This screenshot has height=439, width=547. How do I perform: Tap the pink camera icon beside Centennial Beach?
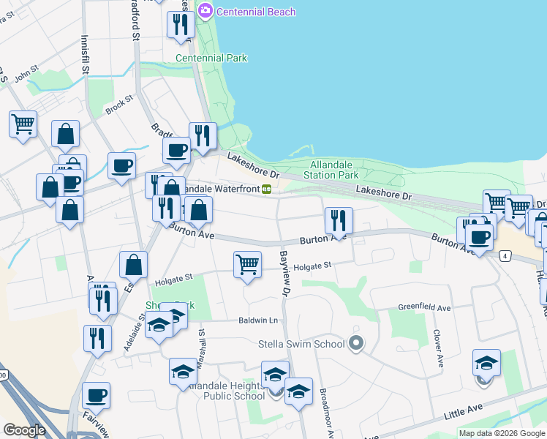(x=205, y=10)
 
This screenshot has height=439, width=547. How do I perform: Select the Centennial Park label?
(x=211, y=58)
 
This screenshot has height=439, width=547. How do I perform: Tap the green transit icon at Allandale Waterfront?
(x=268, y=189)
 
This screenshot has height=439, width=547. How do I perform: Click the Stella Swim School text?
(x=301, y=344)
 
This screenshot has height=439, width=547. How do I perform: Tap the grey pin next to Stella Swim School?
(x=356, y=342)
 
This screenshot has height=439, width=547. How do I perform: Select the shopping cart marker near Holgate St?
(x=248, y=264)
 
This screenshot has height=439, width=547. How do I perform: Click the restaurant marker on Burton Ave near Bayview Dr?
(x=339, y=219)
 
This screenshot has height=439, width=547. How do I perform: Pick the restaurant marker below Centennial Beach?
(x=180, y=24)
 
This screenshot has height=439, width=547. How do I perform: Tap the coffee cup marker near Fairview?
(x=96, y=395)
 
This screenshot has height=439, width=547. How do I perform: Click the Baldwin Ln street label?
(x=258, y=320)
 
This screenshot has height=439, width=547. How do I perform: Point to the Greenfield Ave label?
(x=422, y=307)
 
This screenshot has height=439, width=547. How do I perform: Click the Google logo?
(x=24, y=429)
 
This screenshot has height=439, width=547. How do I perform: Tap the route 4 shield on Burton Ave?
(x=505, y=255)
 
